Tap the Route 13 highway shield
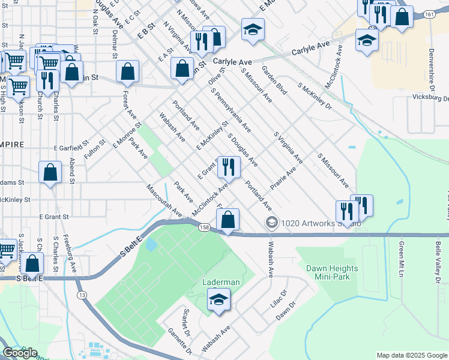click(81, 295)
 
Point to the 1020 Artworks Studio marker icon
click(272, 223)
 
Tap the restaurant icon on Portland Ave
click(228, 167)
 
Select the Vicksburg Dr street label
click(431, 98)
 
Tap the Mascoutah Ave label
click(164, 200)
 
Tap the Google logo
click(20, 352)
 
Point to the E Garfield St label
click(71, 146)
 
